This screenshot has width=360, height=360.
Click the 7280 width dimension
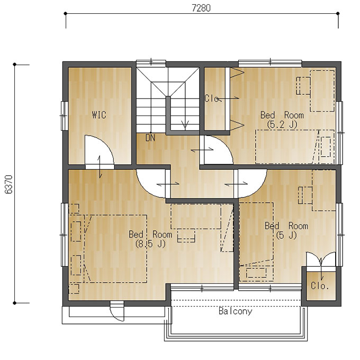click(x=201, y=8)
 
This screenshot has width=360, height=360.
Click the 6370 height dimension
click(x=8, y=184)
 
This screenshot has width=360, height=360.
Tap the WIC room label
click(x=99, y=115)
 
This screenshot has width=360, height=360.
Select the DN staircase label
click(x=150, y=138)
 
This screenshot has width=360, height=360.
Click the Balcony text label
click(x=236, y=311)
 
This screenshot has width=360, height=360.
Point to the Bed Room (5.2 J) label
click(x=282, y=120)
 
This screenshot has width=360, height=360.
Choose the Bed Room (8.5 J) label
click(x=150, y=239)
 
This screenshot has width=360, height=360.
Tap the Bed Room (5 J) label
click(x=286, y=230)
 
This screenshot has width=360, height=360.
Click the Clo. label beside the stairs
click(x=212, y=98)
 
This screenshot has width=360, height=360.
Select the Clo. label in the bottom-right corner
click(x=320, y=285)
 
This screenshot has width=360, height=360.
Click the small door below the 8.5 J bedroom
click(x=117, y=311)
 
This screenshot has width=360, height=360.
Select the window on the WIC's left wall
click(x=64, y=116)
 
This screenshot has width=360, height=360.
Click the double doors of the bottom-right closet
click(x=321, y=259)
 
